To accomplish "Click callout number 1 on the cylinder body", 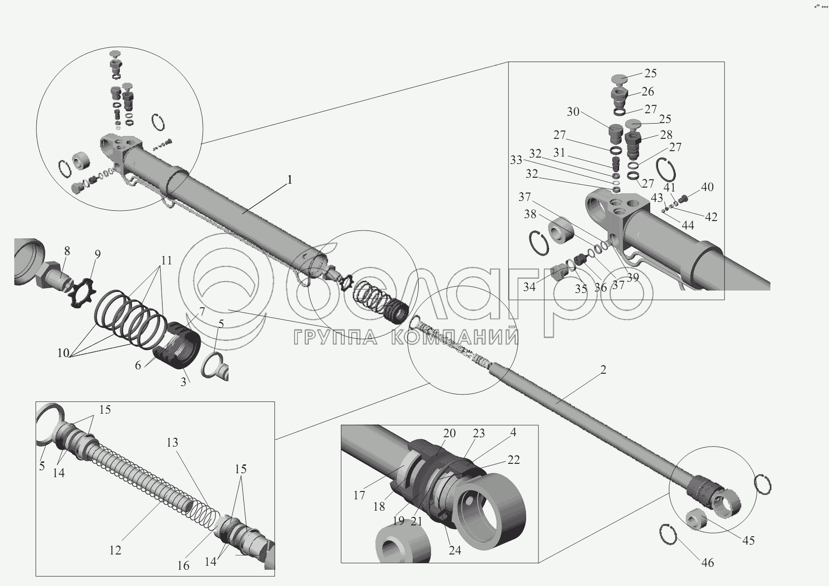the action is pyautogui.click(x=290, y=180).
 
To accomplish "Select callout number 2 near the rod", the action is pyautogui.click(x=603, y=370).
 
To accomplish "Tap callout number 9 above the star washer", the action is pyautogui.click(x=98, y=254).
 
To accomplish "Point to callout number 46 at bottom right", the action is pyautogui.click(x=707, y=563).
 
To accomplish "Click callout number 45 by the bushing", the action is pyautogui.click(x=748, y=541).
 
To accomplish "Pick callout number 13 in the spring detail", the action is pyautogui.click(x=172, y=443).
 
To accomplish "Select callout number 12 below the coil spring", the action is pyautogui.click(x=115, y=550).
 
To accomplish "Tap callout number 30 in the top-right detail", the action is pyautogui.click(x=573, y=111).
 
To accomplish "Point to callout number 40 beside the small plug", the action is pyautogui.click(x=707, y=187).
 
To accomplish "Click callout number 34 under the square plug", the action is pyautogui.click(x=529, y=287).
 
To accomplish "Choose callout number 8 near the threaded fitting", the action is pyautogui.click(x=66, y=251).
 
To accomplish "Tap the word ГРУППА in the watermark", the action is pyautogui.click(x=335, y=337).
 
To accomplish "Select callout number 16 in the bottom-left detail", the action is pyautogui.click(x=183, y=566).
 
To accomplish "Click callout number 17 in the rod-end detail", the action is pyautogui.click(x=359, y=495).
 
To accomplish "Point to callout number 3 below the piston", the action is pyautogui.click(x=183, y=382).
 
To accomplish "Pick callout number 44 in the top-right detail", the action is pyautogui.click(x=688, y=225).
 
